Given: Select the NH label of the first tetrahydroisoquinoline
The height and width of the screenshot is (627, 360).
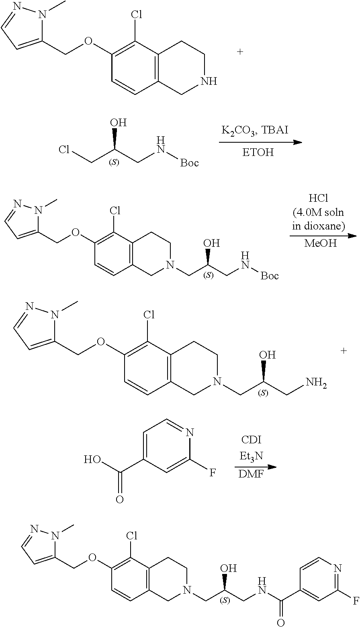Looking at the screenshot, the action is click(209, 82).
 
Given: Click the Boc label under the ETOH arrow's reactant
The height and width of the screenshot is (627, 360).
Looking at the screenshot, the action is click(189, 163).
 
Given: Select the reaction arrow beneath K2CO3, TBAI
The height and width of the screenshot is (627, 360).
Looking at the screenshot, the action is click(260, 142).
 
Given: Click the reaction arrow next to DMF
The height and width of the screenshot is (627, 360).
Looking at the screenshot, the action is click(256, 467).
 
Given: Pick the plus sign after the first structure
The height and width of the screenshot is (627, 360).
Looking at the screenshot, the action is click(240, 52).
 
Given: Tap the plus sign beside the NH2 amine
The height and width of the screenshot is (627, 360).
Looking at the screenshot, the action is click(344, 351).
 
